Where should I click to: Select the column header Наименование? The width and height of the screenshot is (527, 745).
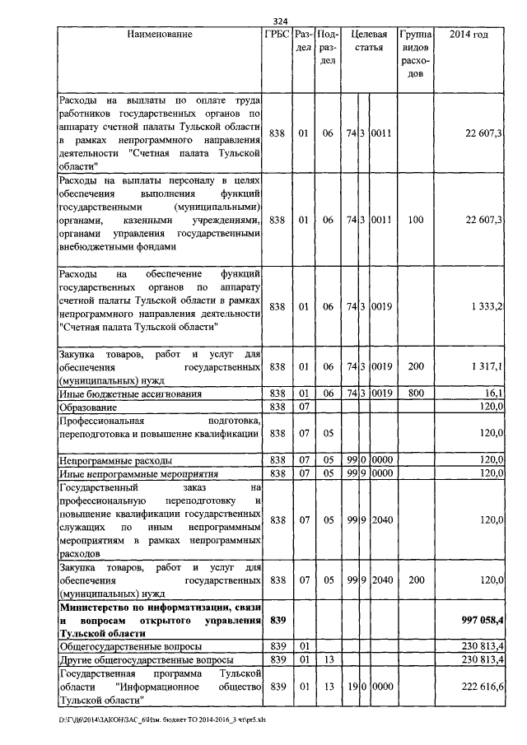tap(160, 35)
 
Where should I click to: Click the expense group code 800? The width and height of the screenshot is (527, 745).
tap(415, 393)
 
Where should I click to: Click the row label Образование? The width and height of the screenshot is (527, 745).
tap(90, 407)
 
